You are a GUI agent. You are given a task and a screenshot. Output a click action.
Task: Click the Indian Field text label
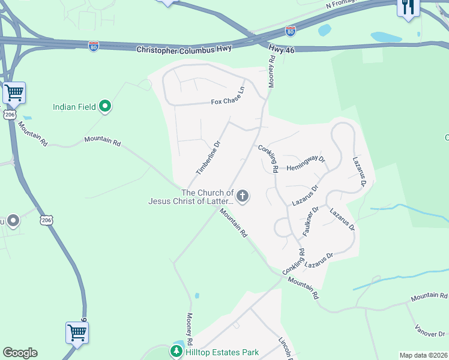tap(74, 107)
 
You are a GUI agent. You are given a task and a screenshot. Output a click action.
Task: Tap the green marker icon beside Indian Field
tap(106, 107)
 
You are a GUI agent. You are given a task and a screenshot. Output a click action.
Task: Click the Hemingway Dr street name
tap(306, 164)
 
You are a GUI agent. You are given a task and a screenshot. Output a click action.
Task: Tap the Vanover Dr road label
tap(430, 331)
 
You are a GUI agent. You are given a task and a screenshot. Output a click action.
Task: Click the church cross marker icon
tap(243, 196)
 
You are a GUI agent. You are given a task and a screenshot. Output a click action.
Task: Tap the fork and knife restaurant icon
tap(408, 7)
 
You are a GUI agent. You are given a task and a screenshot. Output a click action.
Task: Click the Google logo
tap(20, 353)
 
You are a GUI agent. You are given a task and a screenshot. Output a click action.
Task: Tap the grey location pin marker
tap(13, 221)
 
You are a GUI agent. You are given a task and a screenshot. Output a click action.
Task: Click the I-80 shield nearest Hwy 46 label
tap(291, 30)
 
